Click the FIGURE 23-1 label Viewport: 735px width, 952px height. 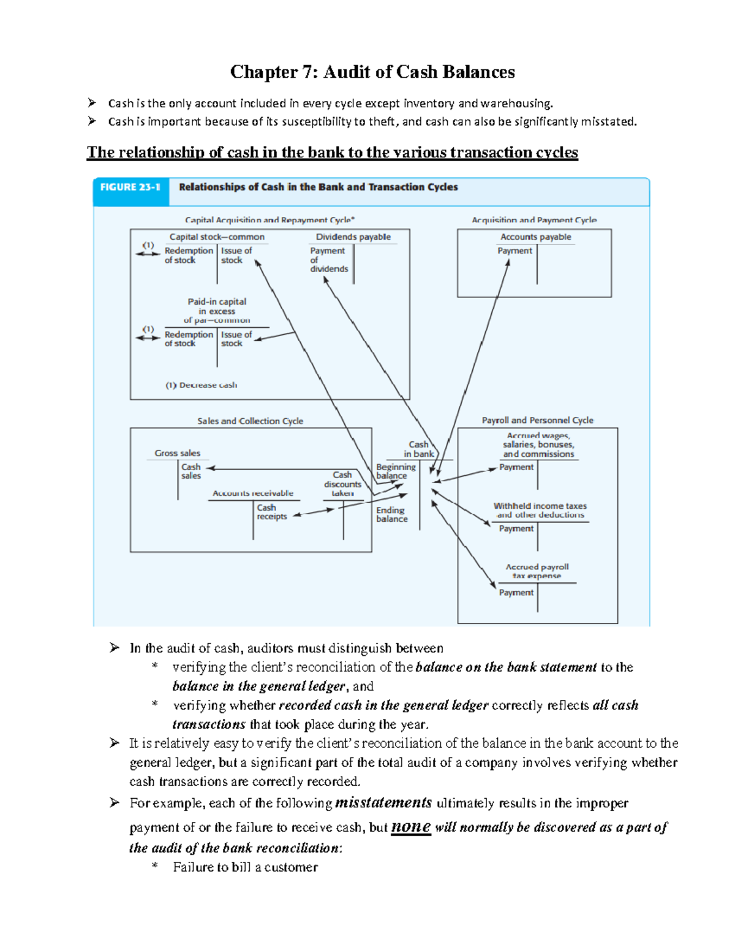coord(130,187)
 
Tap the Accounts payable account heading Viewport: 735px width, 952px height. coord(535,237)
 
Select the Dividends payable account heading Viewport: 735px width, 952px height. coord(353,237)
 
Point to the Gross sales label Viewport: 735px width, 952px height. coord(177,453)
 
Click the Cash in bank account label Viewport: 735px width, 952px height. coord(419,449)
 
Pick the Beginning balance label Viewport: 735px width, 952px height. coord(396,471)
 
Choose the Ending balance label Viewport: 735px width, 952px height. coord(391,514)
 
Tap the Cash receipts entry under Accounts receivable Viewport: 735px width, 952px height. coord(272,512)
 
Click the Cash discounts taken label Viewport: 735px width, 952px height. coord(342,484)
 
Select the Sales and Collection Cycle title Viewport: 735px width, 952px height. coord(250,421)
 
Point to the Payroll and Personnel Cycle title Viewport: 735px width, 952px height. coord(537,421)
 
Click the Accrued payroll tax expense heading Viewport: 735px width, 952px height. coord(537,571)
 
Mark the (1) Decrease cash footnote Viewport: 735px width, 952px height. coord(201,385)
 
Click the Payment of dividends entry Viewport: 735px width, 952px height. coord(328,259)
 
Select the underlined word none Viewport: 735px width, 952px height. coord(410,826)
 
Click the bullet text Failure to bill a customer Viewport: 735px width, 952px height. coord(245,867)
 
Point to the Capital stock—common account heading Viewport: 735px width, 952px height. coord(217,237)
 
